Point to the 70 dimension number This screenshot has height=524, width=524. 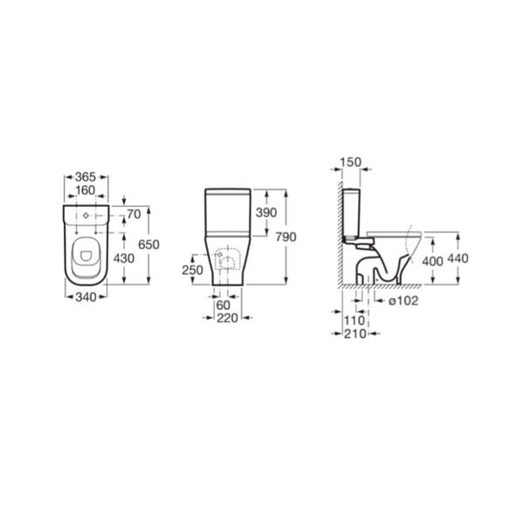(x=133, y=212)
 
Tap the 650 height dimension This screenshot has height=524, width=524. (x=149, y=245)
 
